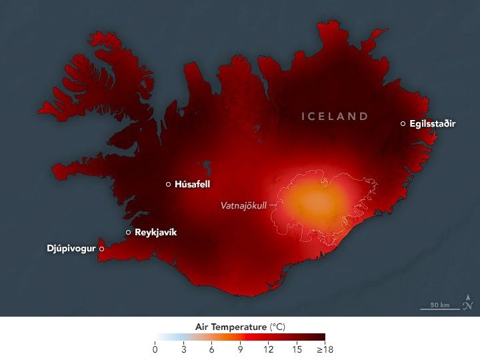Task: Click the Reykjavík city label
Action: (156, 233)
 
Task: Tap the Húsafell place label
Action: (193, 185)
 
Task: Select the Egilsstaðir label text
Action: (433, 124)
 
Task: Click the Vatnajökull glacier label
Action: (243, 205)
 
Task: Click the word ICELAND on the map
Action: (335, 116)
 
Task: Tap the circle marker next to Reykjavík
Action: (128, 233)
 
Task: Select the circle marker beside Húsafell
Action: (168, 185)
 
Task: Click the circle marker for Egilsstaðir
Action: (403, 124)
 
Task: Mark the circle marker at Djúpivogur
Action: (101, 249)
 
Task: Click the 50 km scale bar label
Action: (439, 305)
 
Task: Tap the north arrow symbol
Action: (468, 303)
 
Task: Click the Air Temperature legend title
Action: (239, 327)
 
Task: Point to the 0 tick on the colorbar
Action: (155, 349)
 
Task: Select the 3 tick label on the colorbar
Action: (183, 349)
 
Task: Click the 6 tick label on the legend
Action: (211, 349)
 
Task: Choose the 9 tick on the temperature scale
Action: (240, 349)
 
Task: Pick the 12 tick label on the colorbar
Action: (268, 349)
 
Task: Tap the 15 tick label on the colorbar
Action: (297, 349)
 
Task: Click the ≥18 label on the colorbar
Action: (325, 349)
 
